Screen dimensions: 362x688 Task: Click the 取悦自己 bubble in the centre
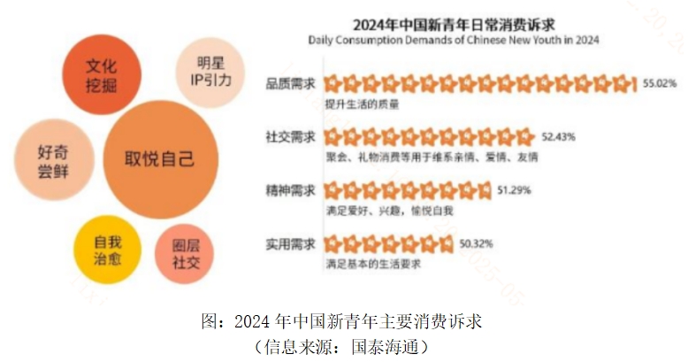[160, 160]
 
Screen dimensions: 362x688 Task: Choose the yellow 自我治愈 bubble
[108, 249]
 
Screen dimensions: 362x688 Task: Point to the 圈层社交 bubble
[185, 254]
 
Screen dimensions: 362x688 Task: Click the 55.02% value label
[659, 84]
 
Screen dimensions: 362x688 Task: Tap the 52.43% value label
[558, 137]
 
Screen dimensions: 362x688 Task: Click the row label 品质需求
[289, 85]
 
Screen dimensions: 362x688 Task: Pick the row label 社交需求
[289, 137]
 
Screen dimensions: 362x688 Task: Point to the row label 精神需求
[289, 189]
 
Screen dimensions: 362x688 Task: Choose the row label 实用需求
[289, 243]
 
